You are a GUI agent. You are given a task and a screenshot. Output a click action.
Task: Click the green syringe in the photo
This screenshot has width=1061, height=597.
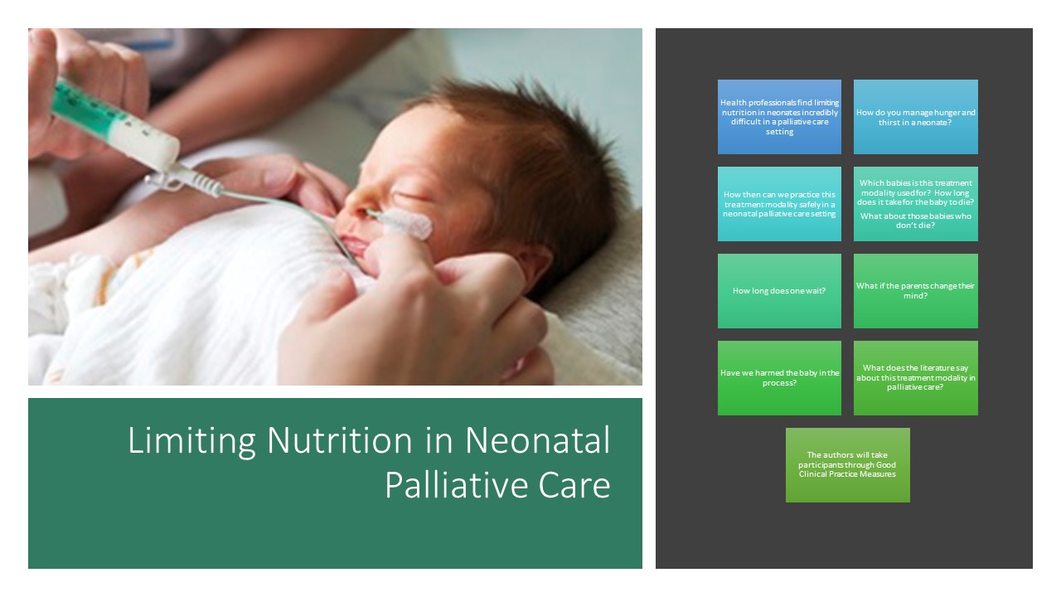(x=114, y=124)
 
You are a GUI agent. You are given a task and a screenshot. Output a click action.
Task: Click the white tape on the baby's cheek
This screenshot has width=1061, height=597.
(x=407, y=224)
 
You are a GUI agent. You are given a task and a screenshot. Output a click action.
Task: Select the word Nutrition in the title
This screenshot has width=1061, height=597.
(x=339, y=440)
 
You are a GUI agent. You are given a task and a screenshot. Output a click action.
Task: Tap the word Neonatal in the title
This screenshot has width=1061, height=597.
(x=538, y=440)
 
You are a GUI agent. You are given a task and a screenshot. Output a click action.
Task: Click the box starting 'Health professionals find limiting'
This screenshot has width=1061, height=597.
(x=779, y=117)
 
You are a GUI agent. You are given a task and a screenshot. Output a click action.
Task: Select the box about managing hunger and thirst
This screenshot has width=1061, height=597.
(x=916, y=117)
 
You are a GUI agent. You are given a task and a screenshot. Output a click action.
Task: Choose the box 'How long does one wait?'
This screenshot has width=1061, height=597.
(x=779, y=291)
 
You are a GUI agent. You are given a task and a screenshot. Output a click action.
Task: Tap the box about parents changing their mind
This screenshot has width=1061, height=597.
(x=916, y=291)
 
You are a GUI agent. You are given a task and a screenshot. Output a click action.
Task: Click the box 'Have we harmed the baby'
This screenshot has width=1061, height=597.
(x=779, y=378)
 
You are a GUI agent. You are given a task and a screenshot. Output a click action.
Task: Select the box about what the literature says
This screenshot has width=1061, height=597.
(x=916, y=378)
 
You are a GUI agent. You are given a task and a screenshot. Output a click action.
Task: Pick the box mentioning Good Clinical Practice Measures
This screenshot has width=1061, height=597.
(x=847, y=465)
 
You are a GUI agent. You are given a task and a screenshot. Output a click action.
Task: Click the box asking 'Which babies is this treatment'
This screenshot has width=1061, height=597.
(x=916, y=204)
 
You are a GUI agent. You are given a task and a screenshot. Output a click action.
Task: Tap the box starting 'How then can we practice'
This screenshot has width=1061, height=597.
(x=779, y=204)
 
